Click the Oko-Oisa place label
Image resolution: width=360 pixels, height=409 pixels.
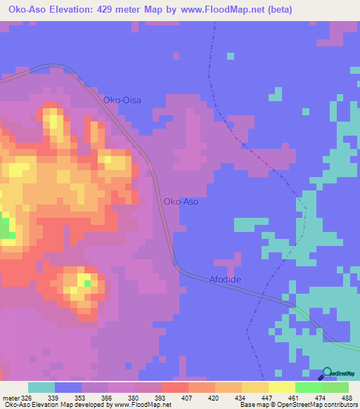pos(122,100)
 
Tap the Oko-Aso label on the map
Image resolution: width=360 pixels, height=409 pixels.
pos(181,202)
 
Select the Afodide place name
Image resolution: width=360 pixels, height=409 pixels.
pos(225,280)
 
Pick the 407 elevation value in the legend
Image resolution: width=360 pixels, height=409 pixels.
pos(186,397)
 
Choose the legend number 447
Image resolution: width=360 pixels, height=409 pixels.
pos(266,397)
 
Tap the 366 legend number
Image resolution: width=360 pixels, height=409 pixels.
pos(107,397)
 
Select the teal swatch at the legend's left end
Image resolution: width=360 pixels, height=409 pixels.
pos(41,387)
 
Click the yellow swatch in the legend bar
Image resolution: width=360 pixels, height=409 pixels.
pos(281,387)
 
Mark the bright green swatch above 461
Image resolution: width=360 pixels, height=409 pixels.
pos(308,387)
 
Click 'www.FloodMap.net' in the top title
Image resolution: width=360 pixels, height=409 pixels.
pos(211,10)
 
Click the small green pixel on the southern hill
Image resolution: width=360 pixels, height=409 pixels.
pos(87,283)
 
